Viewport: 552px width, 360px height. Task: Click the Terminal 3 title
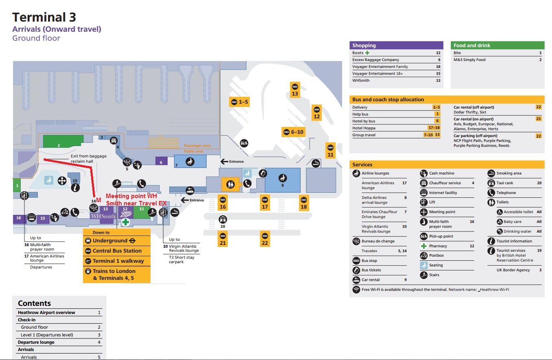tap(44, 17)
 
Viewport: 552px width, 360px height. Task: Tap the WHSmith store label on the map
tap(103, 216)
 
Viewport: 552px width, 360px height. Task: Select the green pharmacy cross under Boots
tap(126, 222)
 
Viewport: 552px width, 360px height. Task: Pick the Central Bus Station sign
tap(117, 251)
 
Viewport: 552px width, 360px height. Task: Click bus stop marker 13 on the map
tap(295, 89)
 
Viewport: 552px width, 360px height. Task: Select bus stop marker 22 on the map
tap(265, 239)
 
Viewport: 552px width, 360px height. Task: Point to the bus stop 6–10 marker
tap(292, 132)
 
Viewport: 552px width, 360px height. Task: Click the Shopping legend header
tap(364, 46)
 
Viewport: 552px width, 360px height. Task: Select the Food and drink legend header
tap(472, 46)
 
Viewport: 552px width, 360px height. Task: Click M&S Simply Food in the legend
tap(469, 60)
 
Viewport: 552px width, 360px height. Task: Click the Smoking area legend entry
tap(509, 173)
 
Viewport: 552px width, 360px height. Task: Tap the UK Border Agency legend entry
tap(513, 270)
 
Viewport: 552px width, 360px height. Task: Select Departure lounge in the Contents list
tap(36, 342)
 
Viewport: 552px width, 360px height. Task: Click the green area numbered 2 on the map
tap(59, 141)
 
